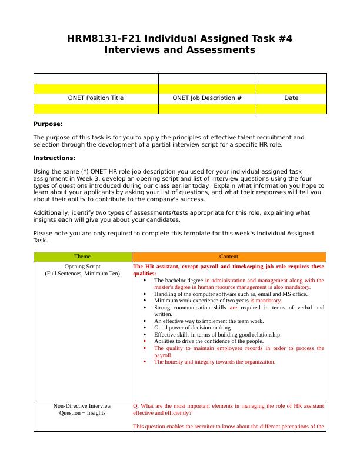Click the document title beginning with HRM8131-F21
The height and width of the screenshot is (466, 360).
click(179, 39)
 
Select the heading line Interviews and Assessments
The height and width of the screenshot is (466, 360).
click(179, 50)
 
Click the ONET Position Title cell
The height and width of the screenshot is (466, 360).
click(96, 98)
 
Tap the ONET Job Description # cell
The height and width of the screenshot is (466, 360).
click(207, 98)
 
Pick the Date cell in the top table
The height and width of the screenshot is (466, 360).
click(291, 98)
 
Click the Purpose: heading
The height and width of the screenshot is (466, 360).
click(48, 124)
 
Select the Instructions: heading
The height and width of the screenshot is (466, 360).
click(54, 158)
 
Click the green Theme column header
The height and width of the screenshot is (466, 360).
click(83, 257)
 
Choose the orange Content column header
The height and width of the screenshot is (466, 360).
click(229, 257)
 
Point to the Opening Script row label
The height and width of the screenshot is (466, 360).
click(82, 267)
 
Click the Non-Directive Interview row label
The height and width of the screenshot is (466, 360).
click(82, 406)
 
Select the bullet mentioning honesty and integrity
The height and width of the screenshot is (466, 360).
click(215, 362)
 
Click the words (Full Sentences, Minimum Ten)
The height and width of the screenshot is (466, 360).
click(82, 274)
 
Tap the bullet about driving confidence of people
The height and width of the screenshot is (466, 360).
click(209, 341)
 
